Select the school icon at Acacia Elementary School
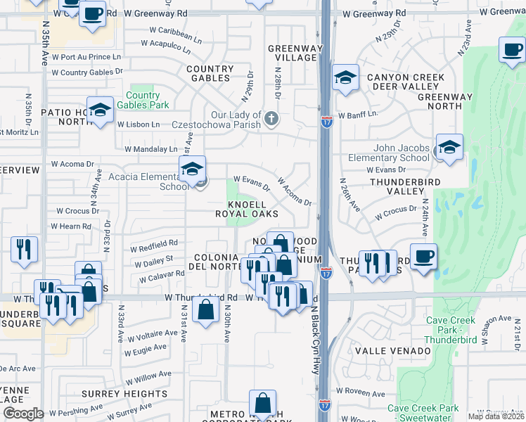[x=191, y=170]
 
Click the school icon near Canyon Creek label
[x=345, y=78]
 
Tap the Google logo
[x=23, y=414]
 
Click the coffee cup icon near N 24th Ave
[x=423, y=257]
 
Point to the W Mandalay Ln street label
[x=151, y=149]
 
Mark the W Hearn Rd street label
[x=71, y=226]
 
